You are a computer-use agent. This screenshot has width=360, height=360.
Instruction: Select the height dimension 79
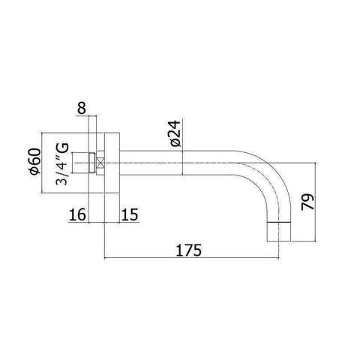[307, 202]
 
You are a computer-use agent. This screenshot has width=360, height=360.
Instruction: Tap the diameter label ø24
[174, 133]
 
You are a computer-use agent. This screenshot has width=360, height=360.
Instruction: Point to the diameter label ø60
[52, 161]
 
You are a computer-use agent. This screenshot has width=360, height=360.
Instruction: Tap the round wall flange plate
[109, 160]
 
